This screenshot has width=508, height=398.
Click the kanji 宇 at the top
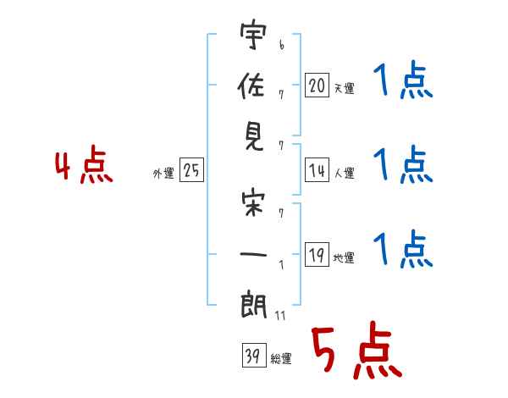coord(253,35)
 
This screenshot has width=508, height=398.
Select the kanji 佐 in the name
coord(251,86)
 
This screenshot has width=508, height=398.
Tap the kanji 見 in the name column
coord(254,137)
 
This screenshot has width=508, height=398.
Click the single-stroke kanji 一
coord(253,254)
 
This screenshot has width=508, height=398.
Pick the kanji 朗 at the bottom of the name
coord(253,305)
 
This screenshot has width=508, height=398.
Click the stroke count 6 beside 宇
coord(282,45)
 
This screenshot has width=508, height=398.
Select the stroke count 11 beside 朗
coord(280,315)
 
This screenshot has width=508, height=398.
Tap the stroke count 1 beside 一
coord(282,265)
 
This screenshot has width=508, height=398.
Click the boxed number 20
coord(317,86)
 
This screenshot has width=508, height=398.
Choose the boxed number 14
coord(317,170)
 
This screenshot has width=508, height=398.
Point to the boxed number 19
coord(317,254)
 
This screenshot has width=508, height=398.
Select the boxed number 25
coord(191,170)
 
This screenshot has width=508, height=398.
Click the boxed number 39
coord(254,355)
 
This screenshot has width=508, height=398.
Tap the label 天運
coord(344,88)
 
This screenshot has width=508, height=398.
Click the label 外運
coord(163,174)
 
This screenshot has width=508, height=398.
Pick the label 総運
coord(281,359)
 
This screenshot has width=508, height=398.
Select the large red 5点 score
coord(356,350)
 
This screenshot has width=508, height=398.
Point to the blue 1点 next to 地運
coord(403,249)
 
